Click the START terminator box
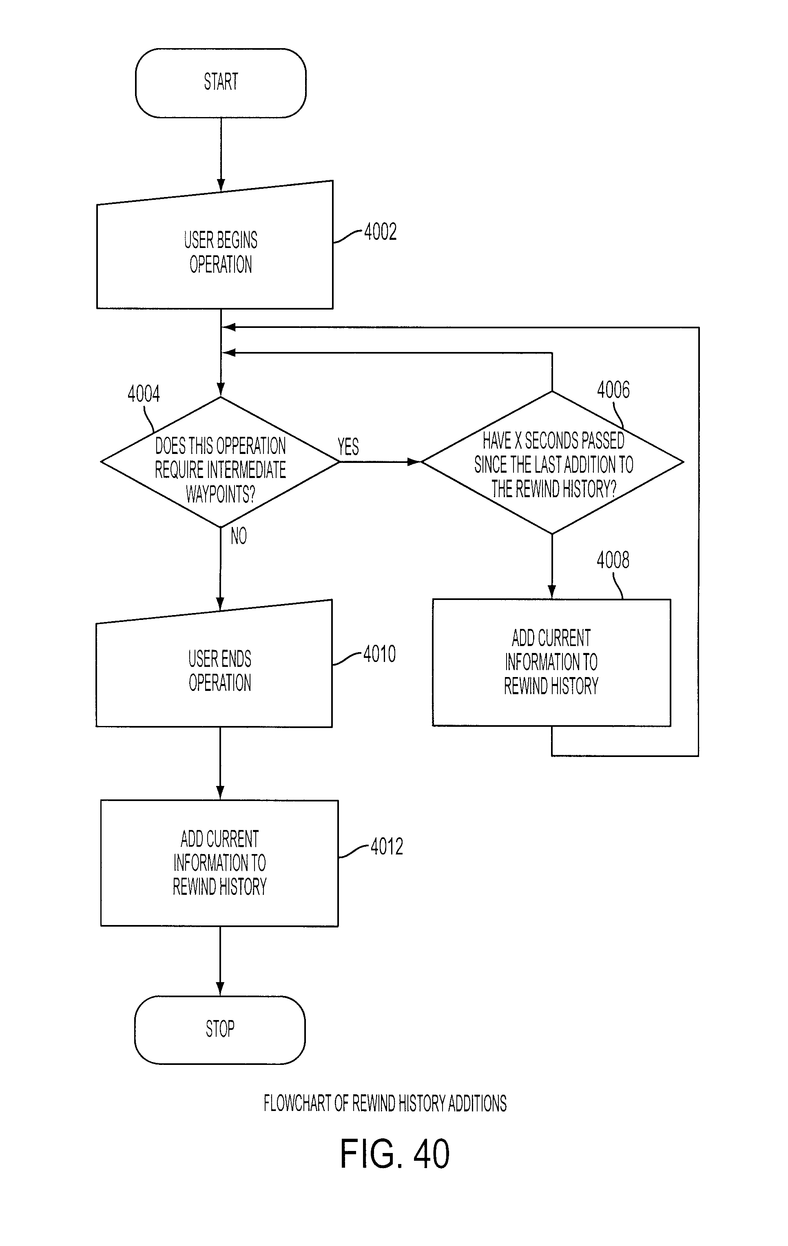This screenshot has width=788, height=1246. click(220, 83)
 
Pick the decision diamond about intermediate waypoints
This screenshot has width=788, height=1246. click(220, 462)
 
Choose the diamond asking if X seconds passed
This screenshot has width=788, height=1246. click(552, 462)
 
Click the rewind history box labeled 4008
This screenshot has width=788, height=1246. click(551, 662)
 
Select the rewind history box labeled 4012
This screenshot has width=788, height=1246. click(219, 863)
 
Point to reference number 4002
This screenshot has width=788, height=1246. click(380, 232)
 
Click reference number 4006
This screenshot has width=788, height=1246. click(613, 390)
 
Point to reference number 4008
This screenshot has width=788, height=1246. click(613, 560)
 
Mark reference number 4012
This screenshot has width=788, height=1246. click(387, 847)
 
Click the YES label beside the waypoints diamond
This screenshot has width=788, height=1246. click(348, 447)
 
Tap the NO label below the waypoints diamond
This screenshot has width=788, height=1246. click(239, 536)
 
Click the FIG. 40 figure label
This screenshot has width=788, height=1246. click(395, 1153)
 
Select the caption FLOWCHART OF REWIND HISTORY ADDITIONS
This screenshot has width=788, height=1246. click(385, 1103)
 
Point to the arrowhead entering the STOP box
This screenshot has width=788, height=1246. click(220, 989)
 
